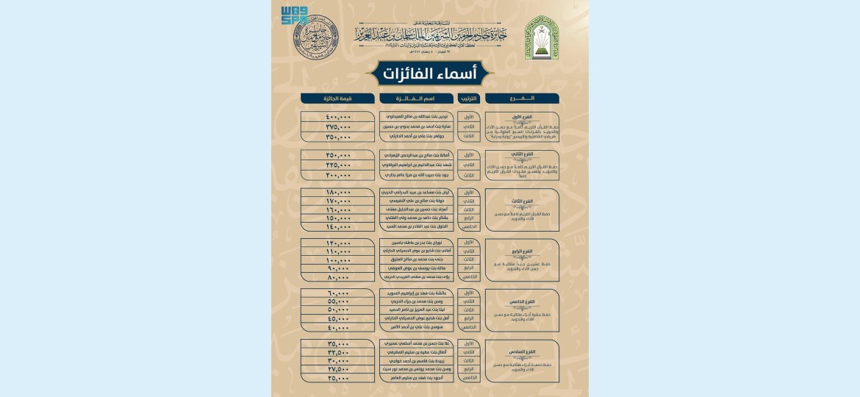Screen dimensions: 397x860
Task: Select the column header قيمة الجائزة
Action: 337,99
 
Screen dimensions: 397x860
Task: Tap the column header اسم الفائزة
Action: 416,99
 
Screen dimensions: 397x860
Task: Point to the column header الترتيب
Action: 468,99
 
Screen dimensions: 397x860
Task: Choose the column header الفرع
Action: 522,99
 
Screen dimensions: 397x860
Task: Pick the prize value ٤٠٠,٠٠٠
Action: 337,118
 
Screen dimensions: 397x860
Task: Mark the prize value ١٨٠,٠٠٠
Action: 337,193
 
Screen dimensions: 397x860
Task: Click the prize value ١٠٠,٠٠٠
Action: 337,260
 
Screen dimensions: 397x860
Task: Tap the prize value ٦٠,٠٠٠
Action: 337,293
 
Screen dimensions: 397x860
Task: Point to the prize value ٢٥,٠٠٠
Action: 337,379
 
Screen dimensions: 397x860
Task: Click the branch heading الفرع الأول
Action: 522,118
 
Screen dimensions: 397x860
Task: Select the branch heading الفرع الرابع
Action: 522,251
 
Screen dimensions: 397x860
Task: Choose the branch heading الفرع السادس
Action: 522,352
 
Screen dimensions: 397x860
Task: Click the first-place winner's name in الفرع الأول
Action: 416,118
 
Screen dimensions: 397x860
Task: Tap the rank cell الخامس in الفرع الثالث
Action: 468,226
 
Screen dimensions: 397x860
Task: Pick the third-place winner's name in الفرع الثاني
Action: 416,176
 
